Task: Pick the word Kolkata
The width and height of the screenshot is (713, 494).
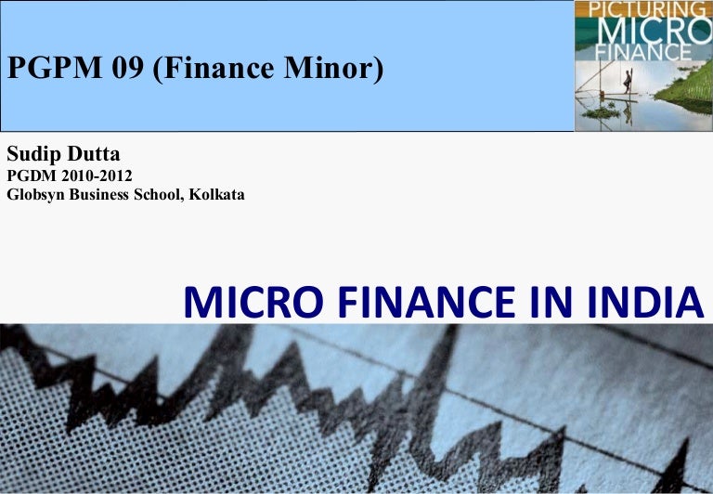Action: coord(214,194)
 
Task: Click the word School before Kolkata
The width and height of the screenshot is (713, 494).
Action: coord(162,194)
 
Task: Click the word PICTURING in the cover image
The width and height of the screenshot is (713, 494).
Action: coord(642,11)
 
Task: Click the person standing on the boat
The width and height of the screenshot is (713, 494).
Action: coord(628,85)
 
